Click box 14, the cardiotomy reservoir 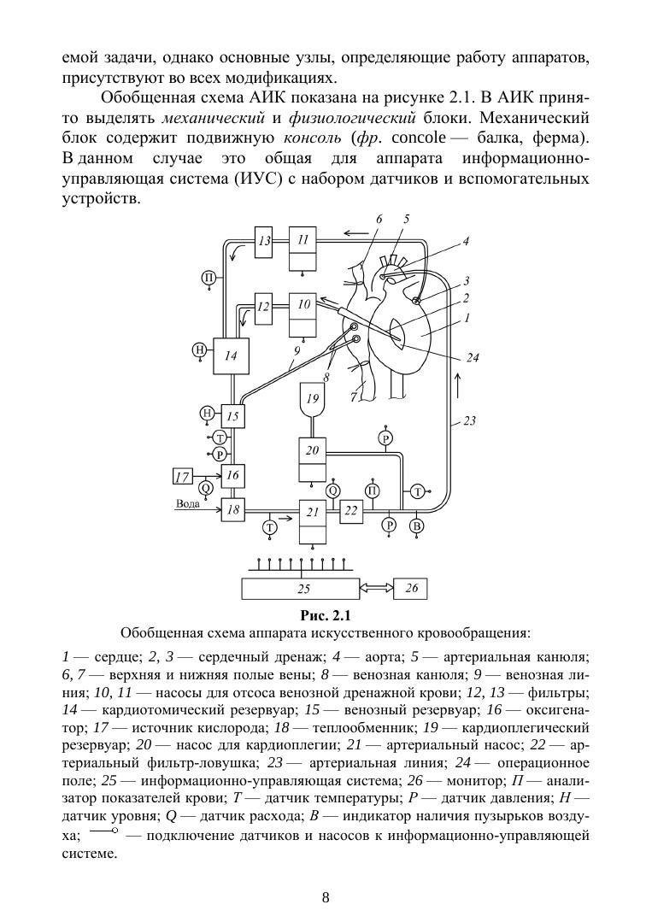pyautogui.click(x=231, y=356)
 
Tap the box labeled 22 pyautogui.click(x=351, y=510)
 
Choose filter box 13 pyautogui.click(x=266, y=241)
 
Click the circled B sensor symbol pyautogui.click(x=417, y=526)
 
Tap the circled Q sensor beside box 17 pyautogui.click(x=205, y=488)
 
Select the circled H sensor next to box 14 pyautogui.click(x=199, y=349)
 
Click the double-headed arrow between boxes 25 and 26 pyautogui.click(x=375, y=588)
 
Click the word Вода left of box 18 pyautogui.click(x=188, y=503)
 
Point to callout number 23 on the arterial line pyautogui.click(x=469, y=420)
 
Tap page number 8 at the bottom pyautogui.click(x=326, y=897)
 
